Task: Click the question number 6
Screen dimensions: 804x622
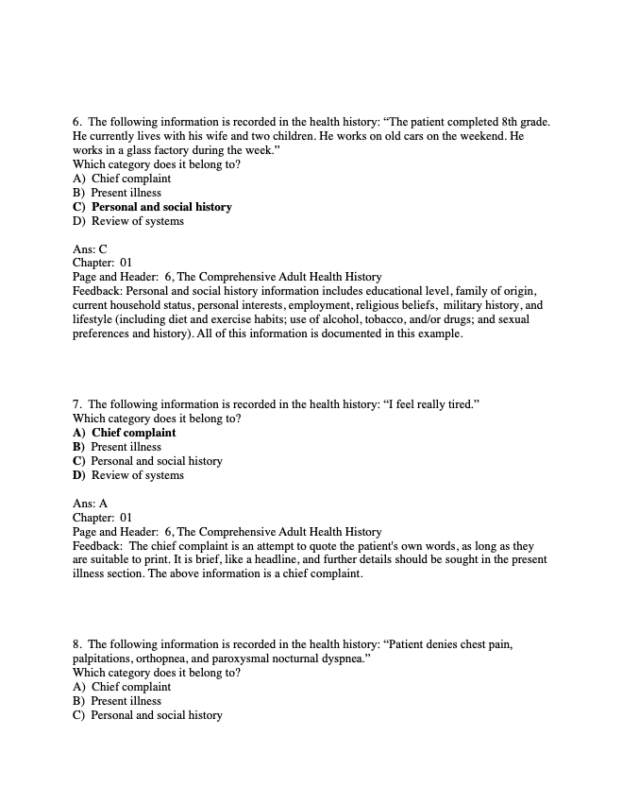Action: [77, 122]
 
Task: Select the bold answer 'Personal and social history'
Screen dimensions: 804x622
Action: [160, 207]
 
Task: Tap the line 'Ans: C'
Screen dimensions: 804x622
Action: [90, 249]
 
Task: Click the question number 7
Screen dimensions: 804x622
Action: [77, 404]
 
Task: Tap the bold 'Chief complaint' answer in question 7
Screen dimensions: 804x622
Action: [133, 433]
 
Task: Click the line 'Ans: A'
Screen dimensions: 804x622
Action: [90, 504]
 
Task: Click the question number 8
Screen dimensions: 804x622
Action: [77, 644]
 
